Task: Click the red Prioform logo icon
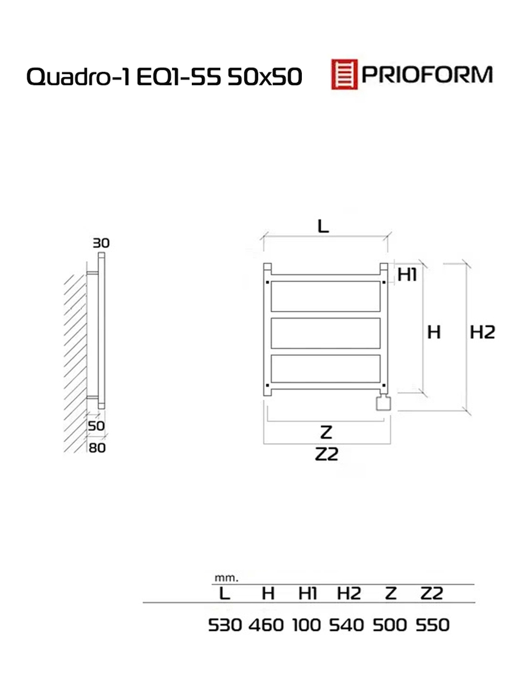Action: [344, 74]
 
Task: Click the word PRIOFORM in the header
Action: [427, 75]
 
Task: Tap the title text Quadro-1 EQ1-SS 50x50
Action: [164, 76]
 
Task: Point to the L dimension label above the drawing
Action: [323, 226]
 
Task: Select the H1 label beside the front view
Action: [407, 274]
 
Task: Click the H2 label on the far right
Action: [482, 332]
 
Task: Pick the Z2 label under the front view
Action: [326, 454]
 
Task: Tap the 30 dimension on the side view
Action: [101, 243]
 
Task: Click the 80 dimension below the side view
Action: [97, 448]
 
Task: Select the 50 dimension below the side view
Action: [96, 426]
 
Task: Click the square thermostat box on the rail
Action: [383, 403]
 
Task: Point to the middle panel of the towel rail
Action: [325, 333]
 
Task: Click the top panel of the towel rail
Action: [325, 296]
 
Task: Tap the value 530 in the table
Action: [225, 625]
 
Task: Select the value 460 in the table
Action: [266, 625]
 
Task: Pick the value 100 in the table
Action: [307, 625]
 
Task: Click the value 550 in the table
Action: [432, 625]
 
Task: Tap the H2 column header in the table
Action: [349, 593]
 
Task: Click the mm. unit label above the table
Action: [226, 578]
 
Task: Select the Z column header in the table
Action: [391, 593]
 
